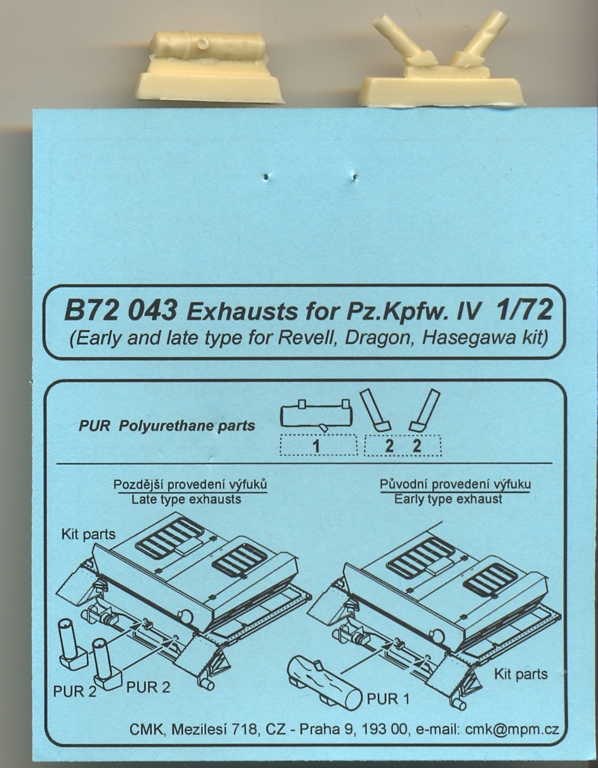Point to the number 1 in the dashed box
coord(317,447)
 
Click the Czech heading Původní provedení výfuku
coord(455,484)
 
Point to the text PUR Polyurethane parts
coord(167,426)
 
